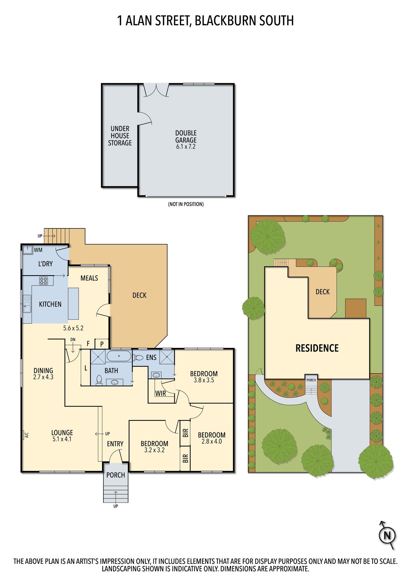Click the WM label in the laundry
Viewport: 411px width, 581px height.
[38, 250]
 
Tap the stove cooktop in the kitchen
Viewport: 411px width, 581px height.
[43, 281]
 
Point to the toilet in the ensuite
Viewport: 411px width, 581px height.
[138, 358]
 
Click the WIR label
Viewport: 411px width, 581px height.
[161, 393]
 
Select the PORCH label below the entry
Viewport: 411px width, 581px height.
[116, 475]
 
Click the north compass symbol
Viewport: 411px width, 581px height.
[387, 535]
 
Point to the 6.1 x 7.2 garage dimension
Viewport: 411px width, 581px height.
[186, 147]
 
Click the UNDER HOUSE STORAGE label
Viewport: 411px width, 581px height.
[120, 136]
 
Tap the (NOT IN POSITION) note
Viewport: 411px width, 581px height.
[186, 204]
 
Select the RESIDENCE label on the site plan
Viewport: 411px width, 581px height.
[317, 348]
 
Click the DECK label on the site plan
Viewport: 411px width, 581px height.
[323, 292]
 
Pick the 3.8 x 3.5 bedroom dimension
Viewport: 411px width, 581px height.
[204, 380]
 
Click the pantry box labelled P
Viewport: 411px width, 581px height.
[102, 344]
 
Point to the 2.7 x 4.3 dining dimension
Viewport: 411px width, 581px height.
[43, 377]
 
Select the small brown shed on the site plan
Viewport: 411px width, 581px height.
[356, 308]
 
